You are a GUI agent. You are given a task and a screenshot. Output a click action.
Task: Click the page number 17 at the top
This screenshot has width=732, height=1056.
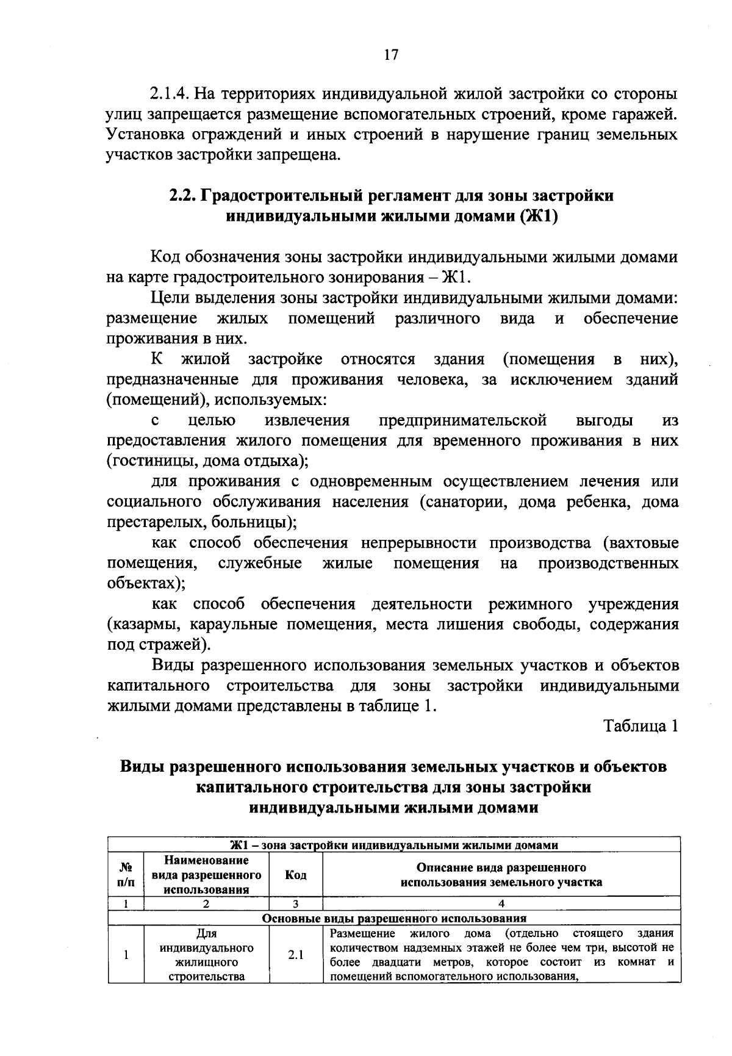(391, 55)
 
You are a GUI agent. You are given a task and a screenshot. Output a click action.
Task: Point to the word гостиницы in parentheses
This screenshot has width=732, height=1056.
(148, 461)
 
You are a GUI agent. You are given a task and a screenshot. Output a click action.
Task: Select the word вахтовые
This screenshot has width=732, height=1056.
(643, 542)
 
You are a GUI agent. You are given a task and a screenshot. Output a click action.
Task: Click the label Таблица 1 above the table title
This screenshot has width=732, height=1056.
(640, 726)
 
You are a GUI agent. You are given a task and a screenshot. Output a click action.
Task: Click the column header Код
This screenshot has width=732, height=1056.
(295, 875)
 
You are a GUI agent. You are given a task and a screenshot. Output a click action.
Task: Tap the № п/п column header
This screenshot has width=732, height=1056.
(126, 875)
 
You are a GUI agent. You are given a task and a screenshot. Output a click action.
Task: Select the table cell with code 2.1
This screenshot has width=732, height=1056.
(295, 955)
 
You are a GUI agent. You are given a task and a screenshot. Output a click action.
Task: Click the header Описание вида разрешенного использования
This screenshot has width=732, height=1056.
(501, 875)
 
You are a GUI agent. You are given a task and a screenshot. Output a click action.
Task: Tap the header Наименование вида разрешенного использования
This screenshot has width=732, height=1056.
(206, 875)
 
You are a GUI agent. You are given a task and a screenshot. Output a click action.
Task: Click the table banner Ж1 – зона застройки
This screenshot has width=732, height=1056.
(394, 846)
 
